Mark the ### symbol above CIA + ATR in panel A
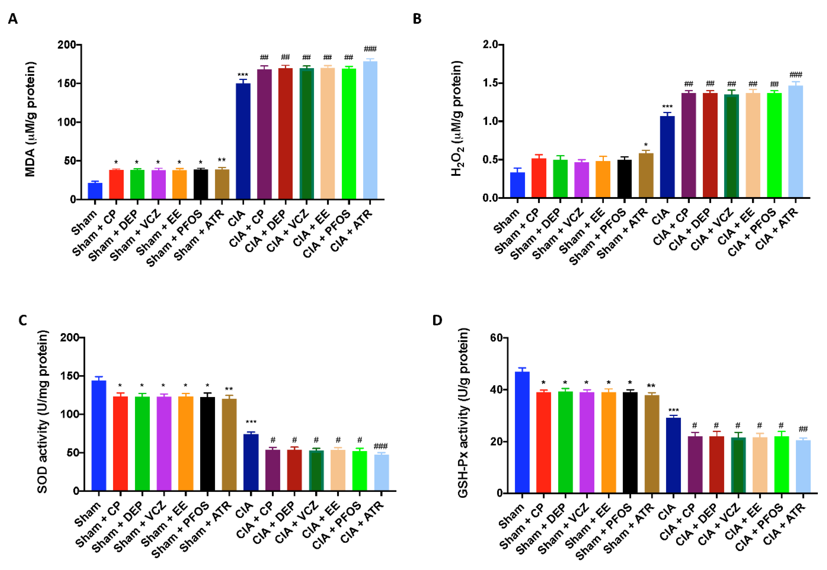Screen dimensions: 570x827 [x=370, y=49]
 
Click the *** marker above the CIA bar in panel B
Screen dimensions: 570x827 [x=667, y=107]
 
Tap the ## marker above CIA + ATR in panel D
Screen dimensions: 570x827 [x=803, y=429]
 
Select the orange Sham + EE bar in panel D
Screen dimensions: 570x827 [x=608, y=443]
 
